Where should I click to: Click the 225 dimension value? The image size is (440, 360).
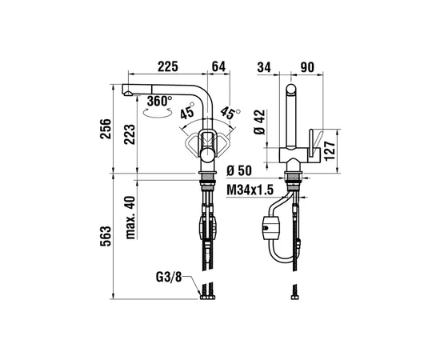[x=168, y=66]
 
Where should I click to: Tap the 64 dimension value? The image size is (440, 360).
[x=218, y=66]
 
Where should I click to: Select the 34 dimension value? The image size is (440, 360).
[x=264, y=67]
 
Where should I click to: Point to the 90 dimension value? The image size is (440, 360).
[x=307, y=67]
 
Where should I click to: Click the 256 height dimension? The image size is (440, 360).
[x=106, y=129]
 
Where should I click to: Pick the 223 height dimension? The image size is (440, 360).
[x=130, y=134]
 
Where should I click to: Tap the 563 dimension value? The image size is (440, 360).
[x=106, y=236]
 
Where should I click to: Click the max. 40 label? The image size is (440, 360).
[x=130, y=218]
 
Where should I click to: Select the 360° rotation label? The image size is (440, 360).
[x=159, y=101]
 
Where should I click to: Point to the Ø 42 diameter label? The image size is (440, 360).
[x=260, y=122]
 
